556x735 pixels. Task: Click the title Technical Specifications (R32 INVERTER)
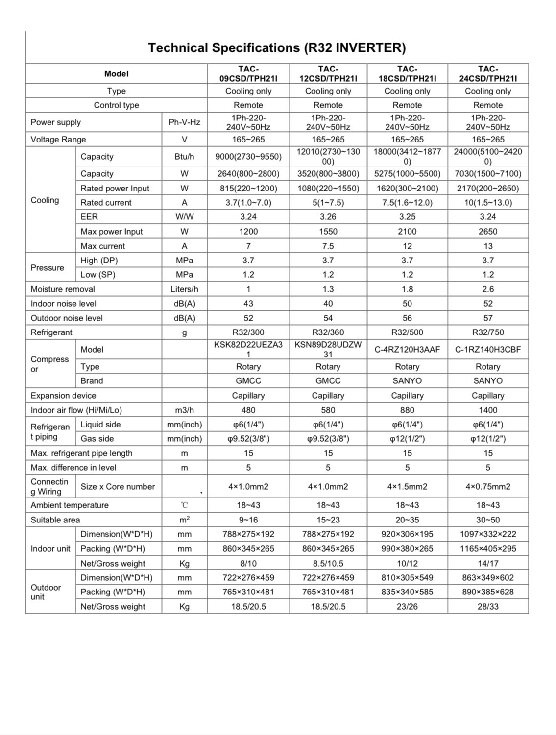point(277,48)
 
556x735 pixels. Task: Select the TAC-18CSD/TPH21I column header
point(407,73)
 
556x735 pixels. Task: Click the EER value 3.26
point(328,216)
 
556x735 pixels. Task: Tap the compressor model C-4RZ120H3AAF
point(407,349)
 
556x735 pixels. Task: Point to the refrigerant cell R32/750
point(488,332)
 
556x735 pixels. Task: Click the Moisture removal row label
point(63,289)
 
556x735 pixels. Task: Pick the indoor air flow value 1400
point(488,410)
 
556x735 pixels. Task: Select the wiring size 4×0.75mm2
point(488,486)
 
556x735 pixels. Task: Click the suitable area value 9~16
point(248,520)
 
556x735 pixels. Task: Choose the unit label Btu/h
point(184,156)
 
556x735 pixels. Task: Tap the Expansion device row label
point(63,395)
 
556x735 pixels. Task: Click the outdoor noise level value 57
point(488,318)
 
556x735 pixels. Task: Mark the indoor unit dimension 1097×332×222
point(488,534)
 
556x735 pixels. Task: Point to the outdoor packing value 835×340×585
point(407,592)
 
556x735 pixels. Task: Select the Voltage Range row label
point(58,139)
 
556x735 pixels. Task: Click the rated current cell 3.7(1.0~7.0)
point(248,202)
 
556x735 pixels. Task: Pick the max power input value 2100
point(407,231)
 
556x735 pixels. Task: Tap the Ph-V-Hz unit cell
point(184,122)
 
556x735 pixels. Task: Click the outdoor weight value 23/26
point(407,606)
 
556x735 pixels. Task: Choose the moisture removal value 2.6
point(488,289)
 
